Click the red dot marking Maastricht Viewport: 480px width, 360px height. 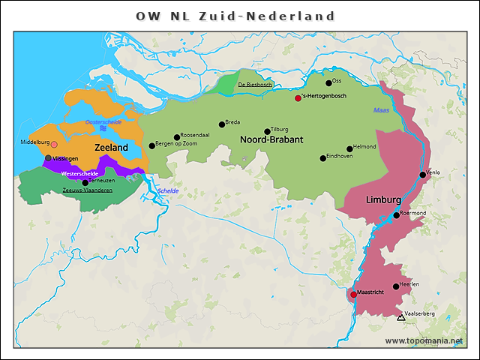click(x=353, y=295)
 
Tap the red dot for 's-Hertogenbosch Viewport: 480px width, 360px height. click(x=298, y=98)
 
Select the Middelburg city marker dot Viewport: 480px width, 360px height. click(x=54, y=145)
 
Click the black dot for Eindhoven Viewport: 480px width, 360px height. click(x=322, y=158)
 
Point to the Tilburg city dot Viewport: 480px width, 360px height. click(x=267, y=131)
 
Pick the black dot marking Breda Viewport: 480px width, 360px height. click(x=222, y=124)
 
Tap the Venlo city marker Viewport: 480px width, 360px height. click(x=422, y=175)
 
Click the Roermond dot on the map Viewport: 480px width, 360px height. click(x=397, y=215)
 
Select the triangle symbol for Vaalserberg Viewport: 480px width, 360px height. click(x=400, y=318)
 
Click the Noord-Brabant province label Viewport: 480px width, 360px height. click(x=271, y=140)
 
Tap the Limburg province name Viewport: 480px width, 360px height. click(x=383, y=201)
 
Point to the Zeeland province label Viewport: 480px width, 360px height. click(x=111, y=148)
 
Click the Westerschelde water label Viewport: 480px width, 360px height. click(x=79, y=174)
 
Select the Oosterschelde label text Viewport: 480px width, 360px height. click(x=103, y=121)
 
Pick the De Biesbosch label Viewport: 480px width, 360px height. click(x=255, y=85)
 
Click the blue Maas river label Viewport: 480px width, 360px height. click(x=382, y=111)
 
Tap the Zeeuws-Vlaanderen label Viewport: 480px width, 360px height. click(x=88, y=190)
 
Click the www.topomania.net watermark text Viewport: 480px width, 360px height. click(x=424, y=340)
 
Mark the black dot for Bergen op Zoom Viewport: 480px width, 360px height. click(x=151, y=145)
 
